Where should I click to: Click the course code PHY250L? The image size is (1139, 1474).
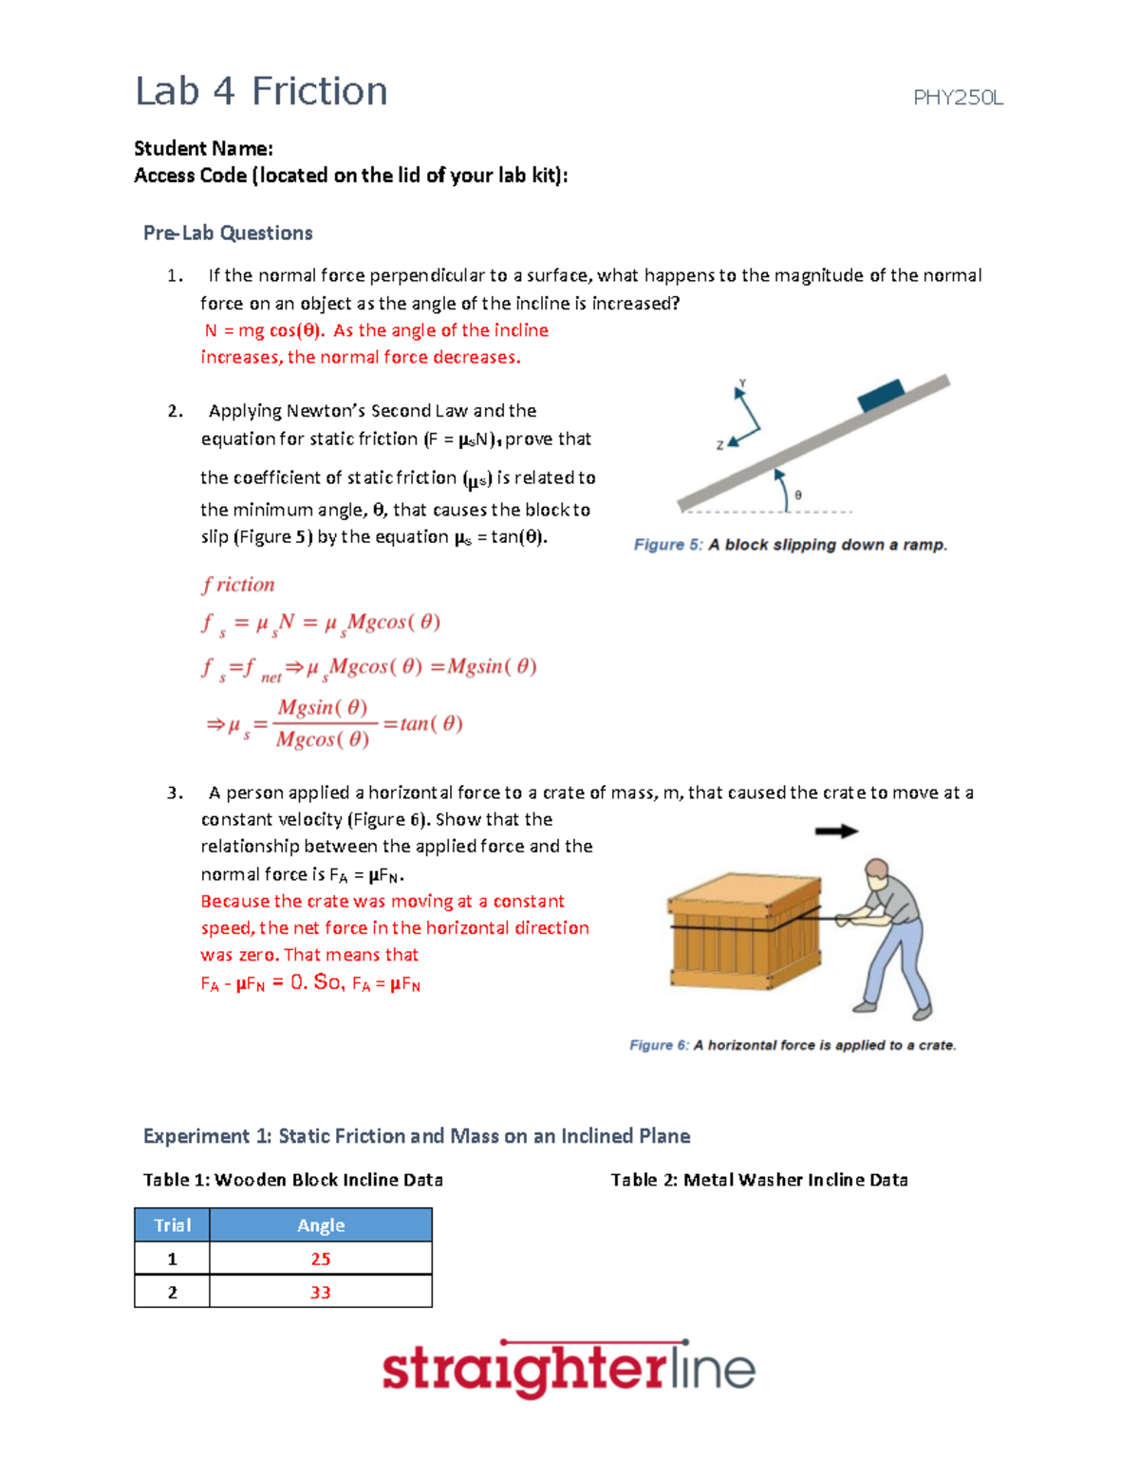pos(957,98)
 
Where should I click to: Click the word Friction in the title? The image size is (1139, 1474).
pos(320,92)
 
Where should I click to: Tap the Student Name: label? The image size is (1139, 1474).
pos(203,148)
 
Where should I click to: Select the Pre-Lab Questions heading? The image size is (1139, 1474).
pos(228,233)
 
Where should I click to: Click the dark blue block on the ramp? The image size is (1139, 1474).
pos(880,394)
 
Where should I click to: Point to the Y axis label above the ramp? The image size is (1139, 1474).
pos(742,383)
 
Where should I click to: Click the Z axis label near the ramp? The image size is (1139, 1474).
pos(719,444)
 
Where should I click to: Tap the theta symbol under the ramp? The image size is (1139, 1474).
pos(798,494)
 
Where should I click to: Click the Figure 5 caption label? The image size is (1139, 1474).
pos(668,545)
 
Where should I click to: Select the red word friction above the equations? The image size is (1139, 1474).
pos(238,585)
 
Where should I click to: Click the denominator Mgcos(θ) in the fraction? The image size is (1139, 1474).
pos(323,739)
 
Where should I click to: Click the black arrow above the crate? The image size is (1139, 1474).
pos(836,831)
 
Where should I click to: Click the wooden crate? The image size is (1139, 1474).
pos(745,932)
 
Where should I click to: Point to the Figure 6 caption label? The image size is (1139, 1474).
pos(660,1045)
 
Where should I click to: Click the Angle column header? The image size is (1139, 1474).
pos(321,1225)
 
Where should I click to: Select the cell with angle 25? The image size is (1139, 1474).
pos(321,1259)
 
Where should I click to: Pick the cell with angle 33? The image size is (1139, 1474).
pos(321,1292)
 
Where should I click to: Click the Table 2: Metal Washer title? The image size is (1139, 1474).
pos(758,1180)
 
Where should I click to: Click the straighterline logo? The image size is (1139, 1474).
pos(568,1370)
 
